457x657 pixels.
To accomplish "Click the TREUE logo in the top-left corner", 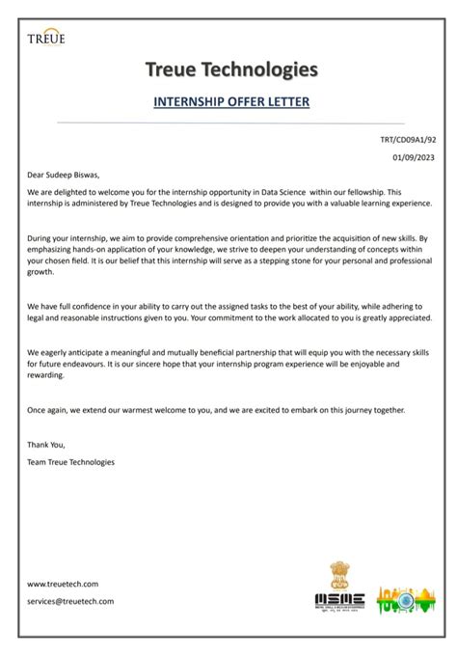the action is pos(46,38).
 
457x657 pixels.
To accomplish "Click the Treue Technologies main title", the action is pos(230,68).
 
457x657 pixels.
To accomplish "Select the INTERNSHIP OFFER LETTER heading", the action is pos(230,101).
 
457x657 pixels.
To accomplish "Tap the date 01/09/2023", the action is pos(413,157).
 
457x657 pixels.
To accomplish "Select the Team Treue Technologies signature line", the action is pos(70,462).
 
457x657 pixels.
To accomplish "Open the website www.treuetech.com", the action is pos(63,584).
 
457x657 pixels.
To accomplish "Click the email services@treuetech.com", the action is pos(70,601).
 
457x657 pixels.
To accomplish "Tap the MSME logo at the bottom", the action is pos(339,600).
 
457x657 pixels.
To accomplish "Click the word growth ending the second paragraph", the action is pos(40,272).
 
